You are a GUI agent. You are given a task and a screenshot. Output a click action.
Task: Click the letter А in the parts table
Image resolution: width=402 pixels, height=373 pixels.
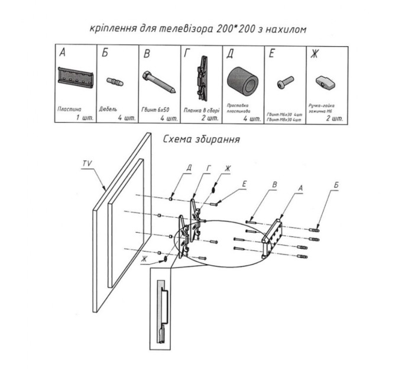tap(62, 54)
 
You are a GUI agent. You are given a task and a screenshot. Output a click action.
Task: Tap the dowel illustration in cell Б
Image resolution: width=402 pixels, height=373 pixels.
tap(114, 82)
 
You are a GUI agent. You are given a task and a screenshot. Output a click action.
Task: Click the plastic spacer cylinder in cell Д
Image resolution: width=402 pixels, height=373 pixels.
tap(243, 81)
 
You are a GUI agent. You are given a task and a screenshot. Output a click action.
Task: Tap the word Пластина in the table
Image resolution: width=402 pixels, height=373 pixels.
tap(69, 110)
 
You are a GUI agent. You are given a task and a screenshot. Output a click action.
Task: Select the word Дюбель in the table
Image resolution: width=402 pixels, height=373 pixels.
tap(109, 110)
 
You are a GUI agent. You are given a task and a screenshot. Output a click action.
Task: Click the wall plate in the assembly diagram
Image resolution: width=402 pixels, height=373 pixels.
tap(273, 237)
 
